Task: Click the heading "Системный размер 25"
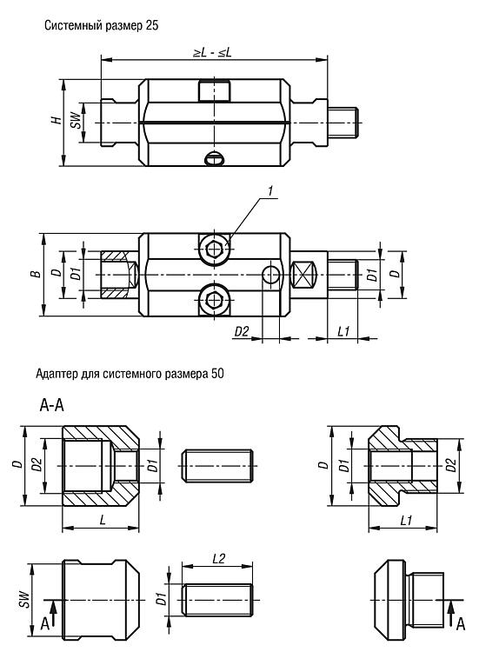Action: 102,25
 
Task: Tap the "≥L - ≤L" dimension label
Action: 212,52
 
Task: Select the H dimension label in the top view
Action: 56,120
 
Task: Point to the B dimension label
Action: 37,274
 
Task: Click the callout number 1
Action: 270,191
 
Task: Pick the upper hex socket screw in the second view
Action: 215,249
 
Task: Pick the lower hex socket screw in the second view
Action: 215,299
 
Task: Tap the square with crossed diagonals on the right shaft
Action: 303,275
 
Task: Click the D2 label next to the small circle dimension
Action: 242,332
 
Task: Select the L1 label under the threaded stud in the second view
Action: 344,331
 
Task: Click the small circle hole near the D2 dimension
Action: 271,275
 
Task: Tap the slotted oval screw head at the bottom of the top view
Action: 215,158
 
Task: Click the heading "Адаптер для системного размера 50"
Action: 130,374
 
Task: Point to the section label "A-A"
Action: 52,405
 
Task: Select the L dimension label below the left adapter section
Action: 103,520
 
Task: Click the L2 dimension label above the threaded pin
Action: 218,558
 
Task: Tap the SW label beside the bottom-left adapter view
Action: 25,600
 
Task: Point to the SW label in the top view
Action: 75,120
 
